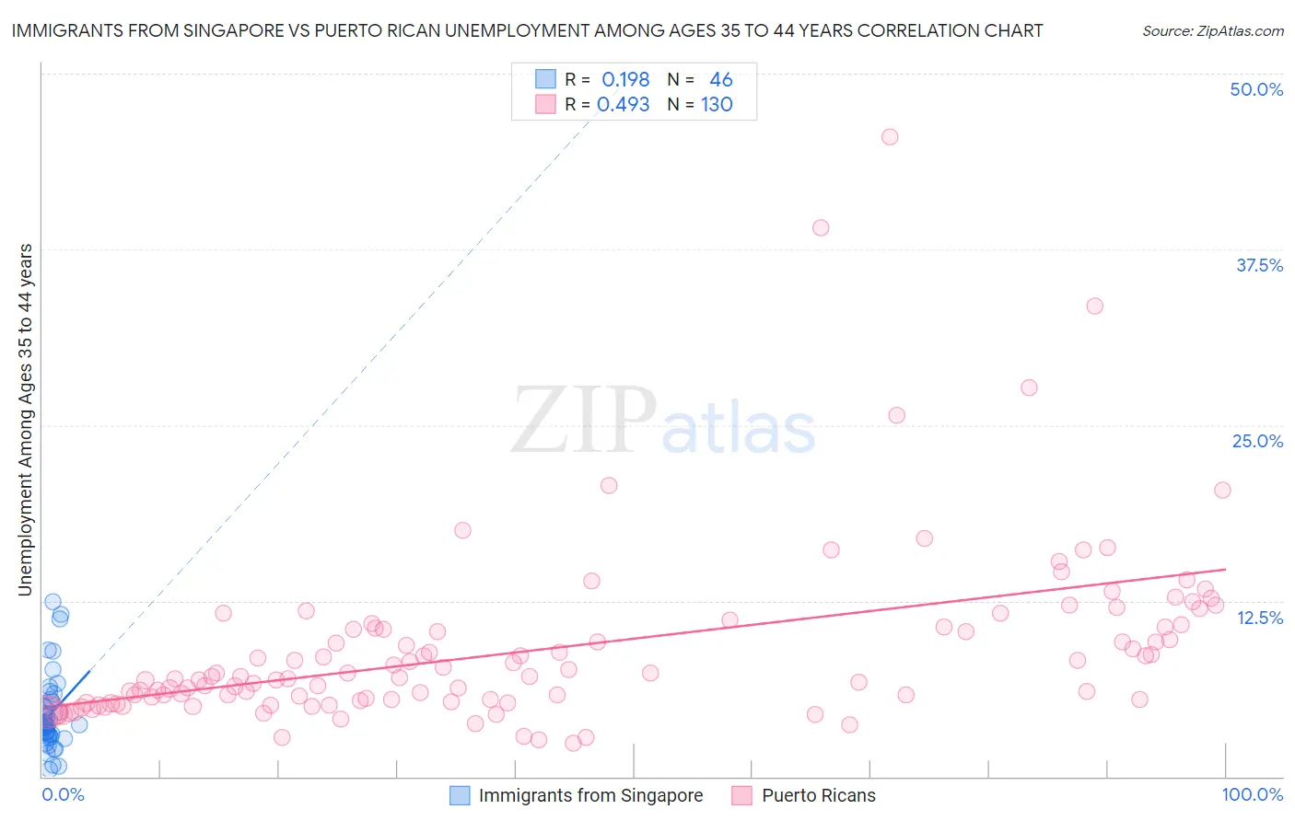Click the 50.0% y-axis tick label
[x=1256, y=89]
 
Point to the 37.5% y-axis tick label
[x=1259, y=265]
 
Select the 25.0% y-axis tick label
[x=1257, y=441]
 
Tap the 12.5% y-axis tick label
[x=1259, y=618]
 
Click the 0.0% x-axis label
[x=63, y=794]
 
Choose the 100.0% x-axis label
[x=1252, y=794]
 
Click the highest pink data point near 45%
[x=890, y=137]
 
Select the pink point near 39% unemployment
[x=821, y=227]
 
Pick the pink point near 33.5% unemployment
[x=1094, y=306]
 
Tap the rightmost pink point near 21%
[x=1222, y=490]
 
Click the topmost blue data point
[x=52, y=602]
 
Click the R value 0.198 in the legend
[x=625, y=79]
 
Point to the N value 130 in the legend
[x=717, y=104]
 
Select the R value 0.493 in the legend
[x=624, y=104]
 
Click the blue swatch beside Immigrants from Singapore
[x=460, y=795]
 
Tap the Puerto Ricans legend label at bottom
[x=818, y=795]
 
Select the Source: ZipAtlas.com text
[x=1212, y=30]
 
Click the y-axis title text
[x=25, y=419]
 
